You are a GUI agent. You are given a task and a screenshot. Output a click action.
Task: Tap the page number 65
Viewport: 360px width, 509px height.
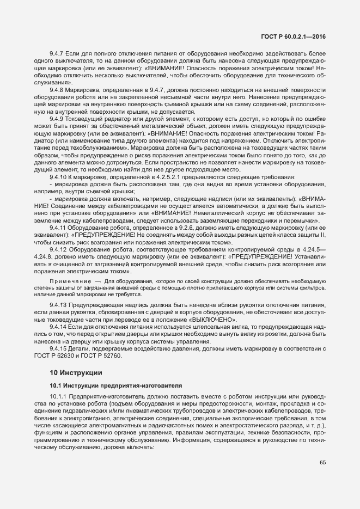pyautogui.click(x=322, y=463)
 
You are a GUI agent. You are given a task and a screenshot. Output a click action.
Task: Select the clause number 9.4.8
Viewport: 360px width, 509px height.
pyautogui.click(x=57, y=89)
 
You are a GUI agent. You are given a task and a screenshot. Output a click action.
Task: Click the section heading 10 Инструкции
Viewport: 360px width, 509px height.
pyautogui.click(x=76, y=373)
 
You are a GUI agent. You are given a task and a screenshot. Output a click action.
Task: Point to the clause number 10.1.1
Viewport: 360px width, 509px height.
pyautogui.click(x=59, y=396)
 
